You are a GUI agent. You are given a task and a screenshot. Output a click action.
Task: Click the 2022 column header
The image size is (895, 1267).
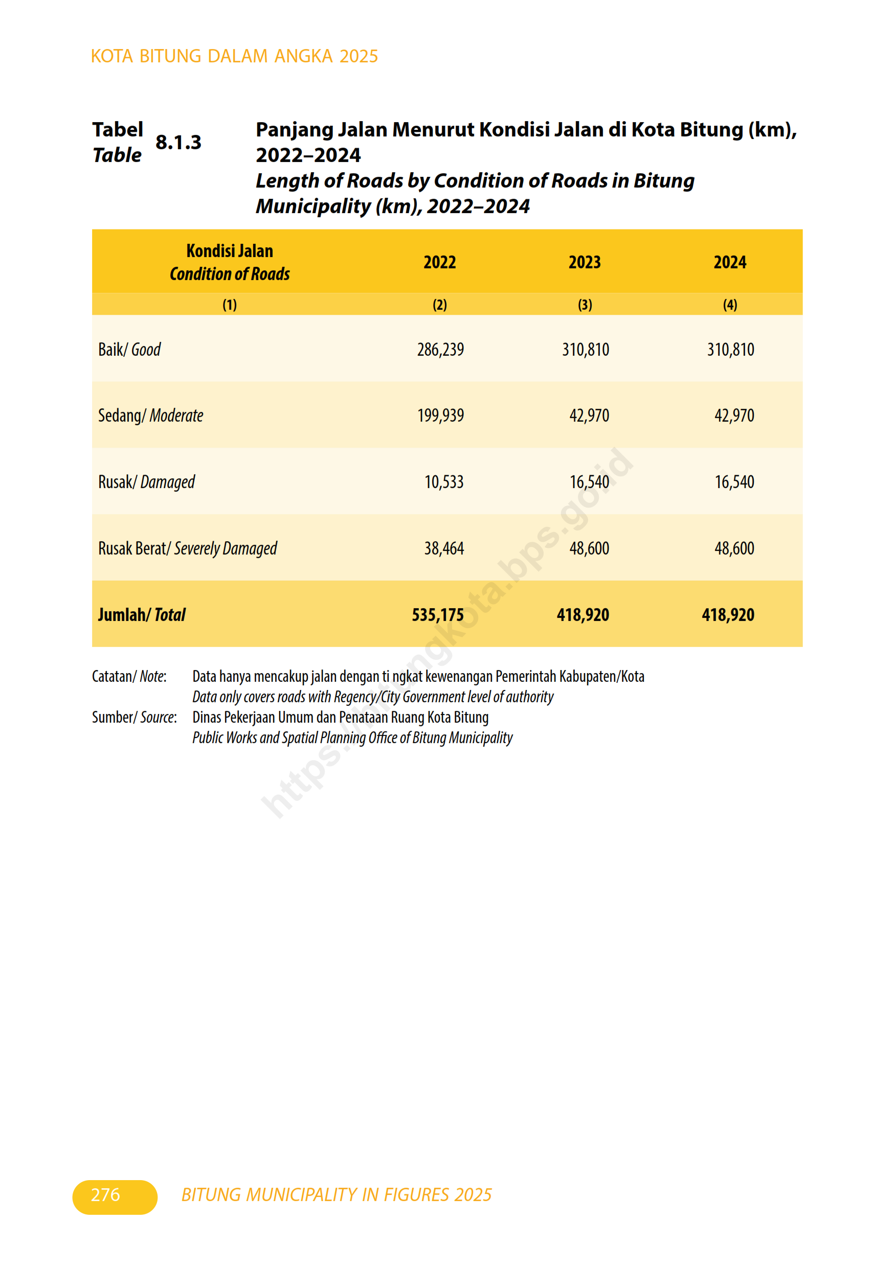pyautogui.click(x=439, y=262)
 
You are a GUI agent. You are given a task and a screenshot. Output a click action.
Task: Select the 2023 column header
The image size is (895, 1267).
pyautogui.click(x=585, y=262)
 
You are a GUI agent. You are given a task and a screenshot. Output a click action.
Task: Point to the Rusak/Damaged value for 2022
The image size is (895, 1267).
pyautogui.click(x=444, y=482)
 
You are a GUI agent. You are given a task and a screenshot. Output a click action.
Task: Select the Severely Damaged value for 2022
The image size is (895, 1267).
pyautogui.click(x=444, y=548)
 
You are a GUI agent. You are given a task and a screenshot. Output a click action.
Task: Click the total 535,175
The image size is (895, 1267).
pyautogui.click(x=437, y=615)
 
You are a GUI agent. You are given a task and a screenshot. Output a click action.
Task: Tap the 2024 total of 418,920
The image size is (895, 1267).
pyautogui.click(x=728, y=615)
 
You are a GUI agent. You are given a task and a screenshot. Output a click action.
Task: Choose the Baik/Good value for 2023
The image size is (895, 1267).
pyautogui.click(x=585, y=349)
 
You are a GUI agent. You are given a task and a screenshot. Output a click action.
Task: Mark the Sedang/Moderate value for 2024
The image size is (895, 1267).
pyautogui.click(x=734, y=416)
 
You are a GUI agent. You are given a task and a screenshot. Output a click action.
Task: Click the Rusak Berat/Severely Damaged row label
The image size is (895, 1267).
pyautogui.click(x=187, y=548)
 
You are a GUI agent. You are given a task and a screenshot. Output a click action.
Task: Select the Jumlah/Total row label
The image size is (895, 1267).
pyautogui.click(x=141, y=615)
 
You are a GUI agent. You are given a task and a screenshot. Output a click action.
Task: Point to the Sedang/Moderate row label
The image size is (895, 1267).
pyautogui.click(x=150, y=416)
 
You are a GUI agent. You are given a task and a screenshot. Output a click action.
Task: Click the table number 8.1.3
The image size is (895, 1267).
pyautogui.click(x=178, y=143)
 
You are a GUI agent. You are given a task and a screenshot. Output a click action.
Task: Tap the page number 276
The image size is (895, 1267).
pyautogui.click(x=105, y=1195)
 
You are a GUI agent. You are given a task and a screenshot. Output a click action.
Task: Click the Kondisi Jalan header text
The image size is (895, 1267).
pyautogui.click(x=230, y=251)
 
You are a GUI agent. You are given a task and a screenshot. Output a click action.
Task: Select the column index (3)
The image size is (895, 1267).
pyautogui.click(x=585, y=305)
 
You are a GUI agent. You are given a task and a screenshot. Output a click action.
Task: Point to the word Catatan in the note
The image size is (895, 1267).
pyautogui.click(x=111, y=677)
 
